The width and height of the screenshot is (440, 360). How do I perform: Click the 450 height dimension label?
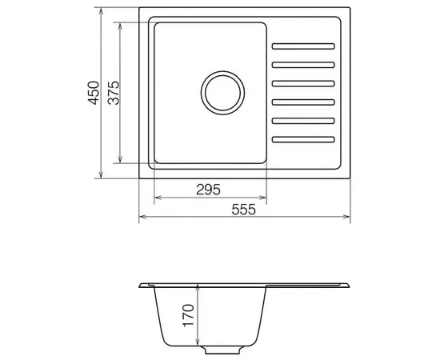(x=94, y=94)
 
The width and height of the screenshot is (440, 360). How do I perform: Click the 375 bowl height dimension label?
(x=114, y=94)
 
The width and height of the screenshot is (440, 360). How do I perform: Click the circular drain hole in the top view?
(x=221, y=93)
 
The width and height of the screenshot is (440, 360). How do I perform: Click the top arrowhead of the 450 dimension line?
(x=102, y=12)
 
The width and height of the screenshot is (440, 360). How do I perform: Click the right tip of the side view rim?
(x=349, y=286)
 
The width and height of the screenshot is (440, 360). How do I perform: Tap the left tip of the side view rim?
(x=139, y=285)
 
